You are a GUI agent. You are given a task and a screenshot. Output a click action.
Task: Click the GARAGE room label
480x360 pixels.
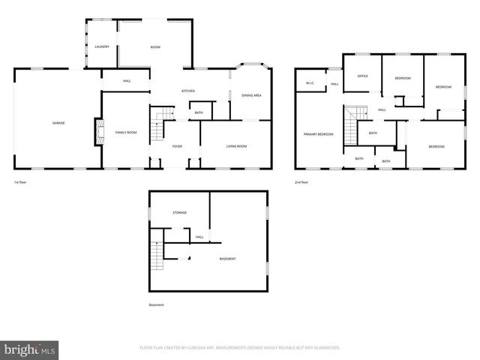click(58, 122)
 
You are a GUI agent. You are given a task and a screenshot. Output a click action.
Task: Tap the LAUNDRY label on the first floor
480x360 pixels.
click(102, 46)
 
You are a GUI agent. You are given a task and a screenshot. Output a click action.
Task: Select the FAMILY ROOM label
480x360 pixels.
click(125, 132)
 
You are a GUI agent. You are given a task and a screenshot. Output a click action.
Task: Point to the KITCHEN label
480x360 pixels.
click(188, 91)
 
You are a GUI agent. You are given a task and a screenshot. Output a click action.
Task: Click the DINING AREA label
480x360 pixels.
click(251, 95)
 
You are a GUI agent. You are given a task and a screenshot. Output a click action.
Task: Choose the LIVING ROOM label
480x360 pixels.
click(236, 146)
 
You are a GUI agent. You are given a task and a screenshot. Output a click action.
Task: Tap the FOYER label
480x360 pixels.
click(177, 146)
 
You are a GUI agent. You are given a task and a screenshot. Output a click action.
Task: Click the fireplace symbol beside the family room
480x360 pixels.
click(97, 133)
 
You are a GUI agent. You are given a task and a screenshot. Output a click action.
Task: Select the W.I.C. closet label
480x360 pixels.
click(309, 82)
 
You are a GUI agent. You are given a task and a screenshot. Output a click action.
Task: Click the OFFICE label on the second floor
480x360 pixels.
click(362, 76)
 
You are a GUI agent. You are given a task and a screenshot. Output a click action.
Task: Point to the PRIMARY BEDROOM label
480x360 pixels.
click(318, 133)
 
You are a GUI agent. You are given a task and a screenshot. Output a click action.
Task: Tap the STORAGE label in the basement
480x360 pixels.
click(179, 212)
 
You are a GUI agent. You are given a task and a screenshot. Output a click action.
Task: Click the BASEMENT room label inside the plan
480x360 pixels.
click(227, 259)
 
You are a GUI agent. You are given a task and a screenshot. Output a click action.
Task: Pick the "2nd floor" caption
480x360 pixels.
click(301, 182)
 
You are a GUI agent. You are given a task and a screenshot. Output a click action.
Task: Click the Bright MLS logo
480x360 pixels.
click(31, 349)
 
